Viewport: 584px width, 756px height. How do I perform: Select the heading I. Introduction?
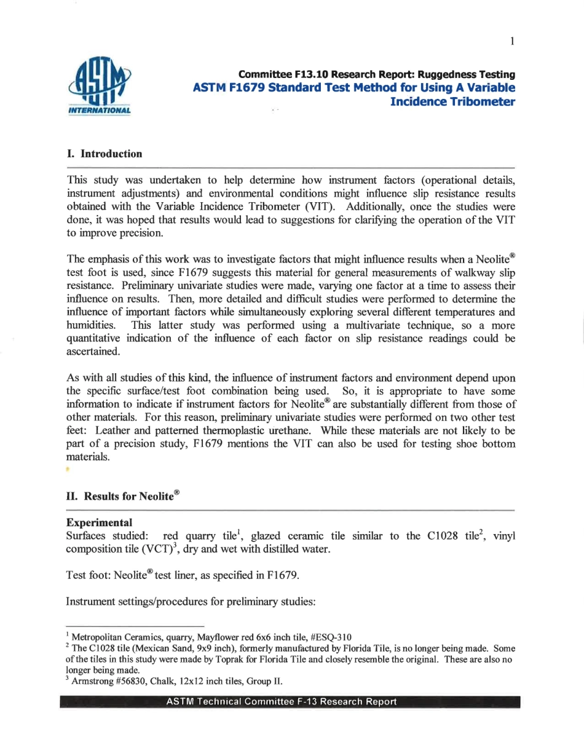point(104,154)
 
